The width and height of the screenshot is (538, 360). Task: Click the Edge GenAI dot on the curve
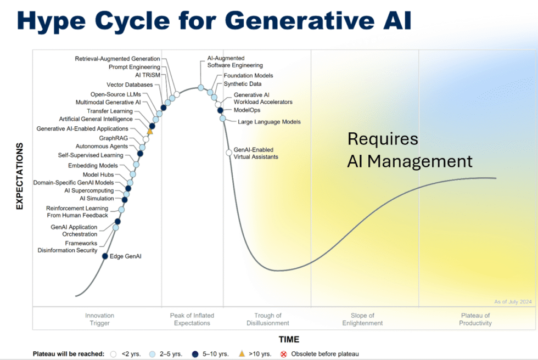tap(105, 256)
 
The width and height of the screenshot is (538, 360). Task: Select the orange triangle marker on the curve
tap(150, 131)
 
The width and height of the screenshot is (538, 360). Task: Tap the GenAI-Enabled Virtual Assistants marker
tap(229, 153)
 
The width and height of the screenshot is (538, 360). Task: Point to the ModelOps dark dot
tap(220, 110)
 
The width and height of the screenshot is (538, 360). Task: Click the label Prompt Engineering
tap(134, 67)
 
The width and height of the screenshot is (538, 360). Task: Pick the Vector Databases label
tap(130, 85)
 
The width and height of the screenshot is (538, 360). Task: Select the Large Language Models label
tap(269, 122)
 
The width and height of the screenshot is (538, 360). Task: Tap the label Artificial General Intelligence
tap(96, 119)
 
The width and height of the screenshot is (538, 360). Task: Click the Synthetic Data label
tap(243, 83)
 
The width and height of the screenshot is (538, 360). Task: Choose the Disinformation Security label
tap(68, 250)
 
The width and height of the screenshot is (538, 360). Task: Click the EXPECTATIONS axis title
tap(20, 176)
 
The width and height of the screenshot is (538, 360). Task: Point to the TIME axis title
tap(289, 340)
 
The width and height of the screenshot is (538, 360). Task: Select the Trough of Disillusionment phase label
tap(268, 319)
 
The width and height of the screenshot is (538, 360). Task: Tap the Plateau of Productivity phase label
tap(475, 319)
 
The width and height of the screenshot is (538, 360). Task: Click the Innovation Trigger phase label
tap(99, 319)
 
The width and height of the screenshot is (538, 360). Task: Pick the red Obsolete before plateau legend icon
tap(283, 354)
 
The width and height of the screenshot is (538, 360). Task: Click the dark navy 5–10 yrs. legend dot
tap(195, 354)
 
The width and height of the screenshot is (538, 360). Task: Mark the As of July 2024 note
tap(513, 302)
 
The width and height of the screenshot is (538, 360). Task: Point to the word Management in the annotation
tap(419, 161)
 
